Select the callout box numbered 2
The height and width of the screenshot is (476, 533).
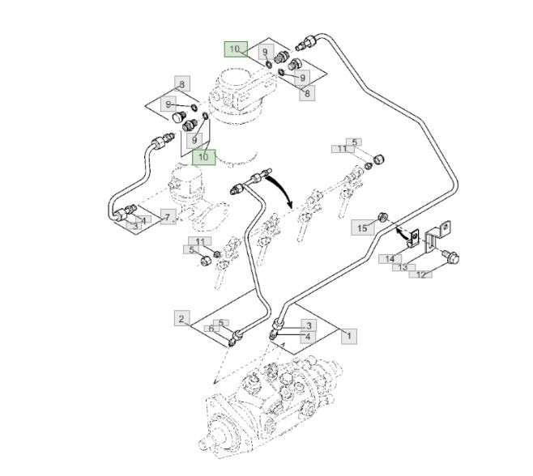pyautogui.click(x=181, y=319)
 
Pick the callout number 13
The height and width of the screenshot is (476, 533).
pyautogui.click(x=400, y=266)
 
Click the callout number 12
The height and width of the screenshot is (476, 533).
pyautogui.click(x=420, y=275)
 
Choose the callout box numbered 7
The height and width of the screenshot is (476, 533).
pyautogui.click(x=168, y=216)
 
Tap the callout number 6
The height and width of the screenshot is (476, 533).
pyautogui.click(x=210, y=329)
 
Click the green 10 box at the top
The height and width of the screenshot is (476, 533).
pyautogui.click(x=235, y=49)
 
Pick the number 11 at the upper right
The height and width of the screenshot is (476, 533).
pyautogui.click(x=343, y=149)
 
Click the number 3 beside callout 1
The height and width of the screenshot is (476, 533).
pyautogui.click(x=307, y=325)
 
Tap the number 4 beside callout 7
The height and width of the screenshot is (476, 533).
pyautogui.click(x=143, y=219)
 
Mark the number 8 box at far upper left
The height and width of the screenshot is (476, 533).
pyautogui.click(x=181, y=84)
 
